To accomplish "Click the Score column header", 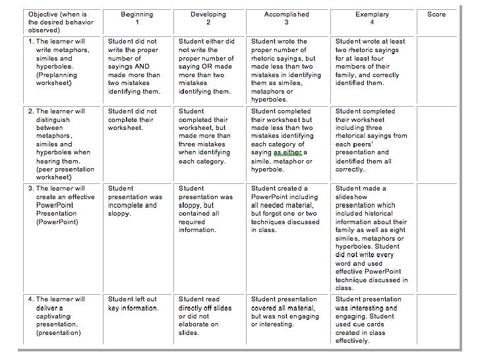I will (436, 15).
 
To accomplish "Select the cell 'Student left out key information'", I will (137, 303).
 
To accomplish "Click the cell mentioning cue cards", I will (371, 320).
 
